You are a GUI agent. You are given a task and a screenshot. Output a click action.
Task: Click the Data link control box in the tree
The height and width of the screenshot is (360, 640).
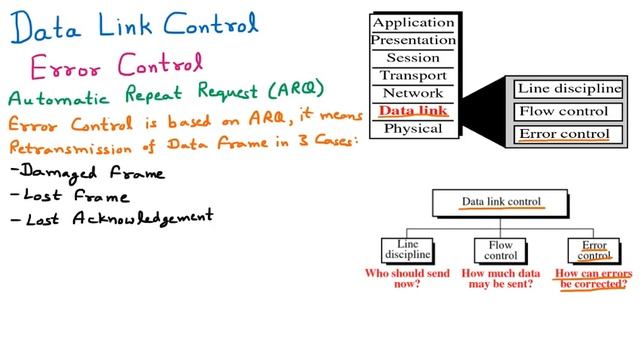tap(501, 202)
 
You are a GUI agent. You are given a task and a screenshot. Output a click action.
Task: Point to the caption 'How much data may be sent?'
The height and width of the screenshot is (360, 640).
tap(500, 277)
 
